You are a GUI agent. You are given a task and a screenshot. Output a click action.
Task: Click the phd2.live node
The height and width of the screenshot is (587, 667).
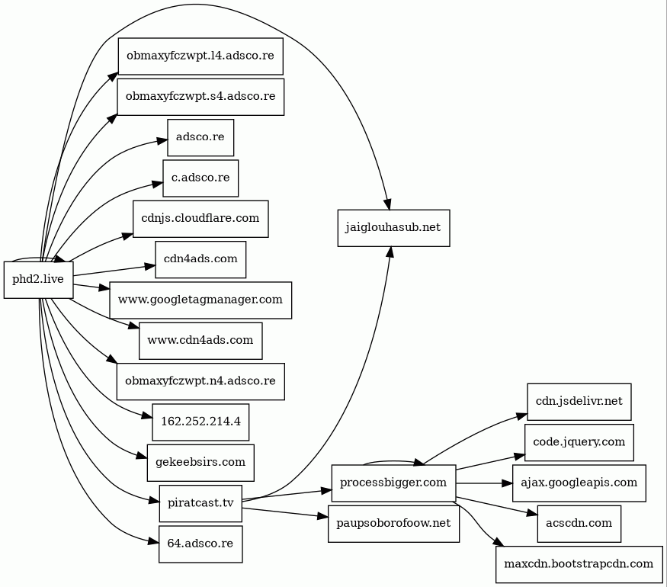39,280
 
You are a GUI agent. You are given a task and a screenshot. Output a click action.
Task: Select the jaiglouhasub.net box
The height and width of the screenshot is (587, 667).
393,228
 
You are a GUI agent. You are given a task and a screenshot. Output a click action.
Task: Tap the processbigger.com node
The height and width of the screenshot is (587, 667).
393,483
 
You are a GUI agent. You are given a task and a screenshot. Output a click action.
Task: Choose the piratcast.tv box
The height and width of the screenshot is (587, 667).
200,503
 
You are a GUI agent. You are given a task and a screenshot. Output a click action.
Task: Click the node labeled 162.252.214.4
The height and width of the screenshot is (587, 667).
200,422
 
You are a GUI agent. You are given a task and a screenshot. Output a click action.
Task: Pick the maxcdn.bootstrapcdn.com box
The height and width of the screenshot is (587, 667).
579,564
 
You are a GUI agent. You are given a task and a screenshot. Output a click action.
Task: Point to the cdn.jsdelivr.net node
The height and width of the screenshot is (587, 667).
579,402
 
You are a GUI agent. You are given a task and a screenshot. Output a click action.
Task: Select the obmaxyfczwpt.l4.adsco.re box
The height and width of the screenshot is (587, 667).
200,56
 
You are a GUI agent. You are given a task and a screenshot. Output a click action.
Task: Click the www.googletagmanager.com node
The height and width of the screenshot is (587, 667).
200,300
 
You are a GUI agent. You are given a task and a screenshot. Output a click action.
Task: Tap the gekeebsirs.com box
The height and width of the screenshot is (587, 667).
200,463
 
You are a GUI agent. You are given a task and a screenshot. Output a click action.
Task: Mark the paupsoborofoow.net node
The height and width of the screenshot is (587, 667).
393,524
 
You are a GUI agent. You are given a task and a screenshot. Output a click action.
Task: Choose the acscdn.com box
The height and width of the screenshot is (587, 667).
579,524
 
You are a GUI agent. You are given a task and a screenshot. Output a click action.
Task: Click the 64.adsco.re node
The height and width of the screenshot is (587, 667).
200,544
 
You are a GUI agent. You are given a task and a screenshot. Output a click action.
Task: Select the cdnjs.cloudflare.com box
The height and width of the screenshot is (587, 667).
200,219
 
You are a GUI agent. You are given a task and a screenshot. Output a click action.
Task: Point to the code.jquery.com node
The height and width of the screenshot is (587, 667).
579,442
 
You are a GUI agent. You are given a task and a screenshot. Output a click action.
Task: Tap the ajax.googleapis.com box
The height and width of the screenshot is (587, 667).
579,483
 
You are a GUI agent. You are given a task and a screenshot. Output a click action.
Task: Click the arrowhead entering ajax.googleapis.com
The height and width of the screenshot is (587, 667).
508,483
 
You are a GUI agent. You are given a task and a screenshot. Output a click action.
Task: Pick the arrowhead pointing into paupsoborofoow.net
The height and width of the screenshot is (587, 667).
323,517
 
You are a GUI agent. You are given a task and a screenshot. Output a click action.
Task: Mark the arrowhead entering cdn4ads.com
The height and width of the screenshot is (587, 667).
149,267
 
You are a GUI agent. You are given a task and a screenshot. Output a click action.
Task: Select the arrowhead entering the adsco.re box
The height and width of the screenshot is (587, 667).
162,140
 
